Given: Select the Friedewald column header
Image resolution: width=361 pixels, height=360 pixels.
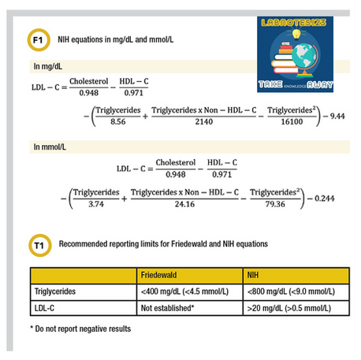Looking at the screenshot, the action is point(158,275).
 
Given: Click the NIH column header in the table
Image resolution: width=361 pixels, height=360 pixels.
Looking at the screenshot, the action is point(253,275).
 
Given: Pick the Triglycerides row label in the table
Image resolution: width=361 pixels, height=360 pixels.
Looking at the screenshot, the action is point(55,291).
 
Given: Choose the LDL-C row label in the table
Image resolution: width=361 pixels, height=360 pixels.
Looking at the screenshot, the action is point(44,308).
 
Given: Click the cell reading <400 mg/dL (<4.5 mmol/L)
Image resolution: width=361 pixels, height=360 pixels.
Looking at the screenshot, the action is point(184,291).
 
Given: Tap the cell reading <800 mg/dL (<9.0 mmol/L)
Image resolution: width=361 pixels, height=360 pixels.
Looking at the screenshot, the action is point(291,291).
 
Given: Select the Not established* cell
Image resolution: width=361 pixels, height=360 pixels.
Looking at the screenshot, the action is point(167,308).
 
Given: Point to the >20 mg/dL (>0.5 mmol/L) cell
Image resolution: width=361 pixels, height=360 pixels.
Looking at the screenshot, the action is point(289,308).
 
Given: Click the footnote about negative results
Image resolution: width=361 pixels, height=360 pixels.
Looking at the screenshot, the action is point(80,328).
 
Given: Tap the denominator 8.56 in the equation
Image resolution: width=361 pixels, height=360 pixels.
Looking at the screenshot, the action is point(118,121).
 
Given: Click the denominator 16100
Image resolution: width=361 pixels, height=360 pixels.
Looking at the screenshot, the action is point(292,121).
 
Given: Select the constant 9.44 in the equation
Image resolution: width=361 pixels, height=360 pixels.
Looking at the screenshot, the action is point(337,116).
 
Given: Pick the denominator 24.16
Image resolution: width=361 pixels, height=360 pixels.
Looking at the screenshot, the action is point(184,204).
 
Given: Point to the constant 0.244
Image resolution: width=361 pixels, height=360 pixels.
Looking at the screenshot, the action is point(325,199).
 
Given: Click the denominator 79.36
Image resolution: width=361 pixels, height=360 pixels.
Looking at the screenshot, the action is point(275,204).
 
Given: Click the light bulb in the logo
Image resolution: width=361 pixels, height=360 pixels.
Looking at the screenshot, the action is point(296,34).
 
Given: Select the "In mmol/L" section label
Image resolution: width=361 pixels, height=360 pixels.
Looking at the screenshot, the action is point(50,147).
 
